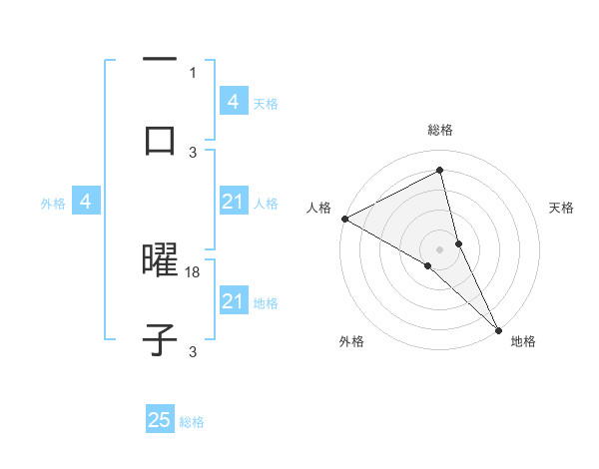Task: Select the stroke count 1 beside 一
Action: [x=193, y=72]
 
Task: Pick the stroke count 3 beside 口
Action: [x=193, y=152]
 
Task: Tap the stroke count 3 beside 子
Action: [x=193, y=352]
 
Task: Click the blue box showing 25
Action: [x=160, y=420]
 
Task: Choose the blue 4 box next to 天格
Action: [x=234, y=101]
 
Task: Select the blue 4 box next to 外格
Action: [x=86, y=202]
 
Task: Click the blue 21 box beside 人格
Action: [x=234, y=202]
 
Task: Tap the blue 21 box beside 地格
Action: [x=234, y=301]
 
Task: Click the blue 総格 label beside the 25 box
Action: [x=192, y=422]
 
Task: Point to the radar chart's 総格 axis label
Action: [x=439, y=130]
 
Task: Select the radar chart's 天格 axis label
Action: [x=561, y=208]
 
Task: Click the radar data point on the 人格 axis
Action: [x=344, y=219]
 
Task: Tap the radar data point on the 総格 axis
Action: [x=439, y=171]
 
